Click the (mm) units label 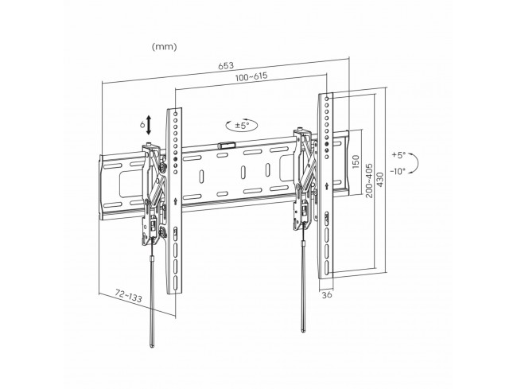click(164, 47)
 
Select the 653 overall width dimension click(226, 65)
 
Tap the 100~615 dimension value click(251, 77)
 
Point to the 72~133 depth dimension click(129, 295)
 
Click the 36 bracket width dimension click(327, 294)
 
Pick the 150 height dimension click(356, 161)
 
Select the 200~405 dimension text click(369, 181)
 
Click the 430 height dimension click(380, 180)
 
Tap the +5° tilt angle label click(399, 155)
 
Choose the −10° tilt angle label click(398, 171)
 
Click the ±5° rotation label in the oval click(242, 125)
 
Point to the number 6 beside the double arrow click(142, 125)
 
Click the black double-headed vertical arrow click(149, 125)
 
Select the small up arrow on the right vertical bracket click(326, 185)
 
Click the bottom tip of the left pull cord click(152, 347)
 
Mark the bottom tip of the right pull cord click(303, 331)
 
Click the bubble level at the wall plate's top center click(227, 146)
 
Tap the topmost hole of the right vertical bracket click(327, 98)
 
